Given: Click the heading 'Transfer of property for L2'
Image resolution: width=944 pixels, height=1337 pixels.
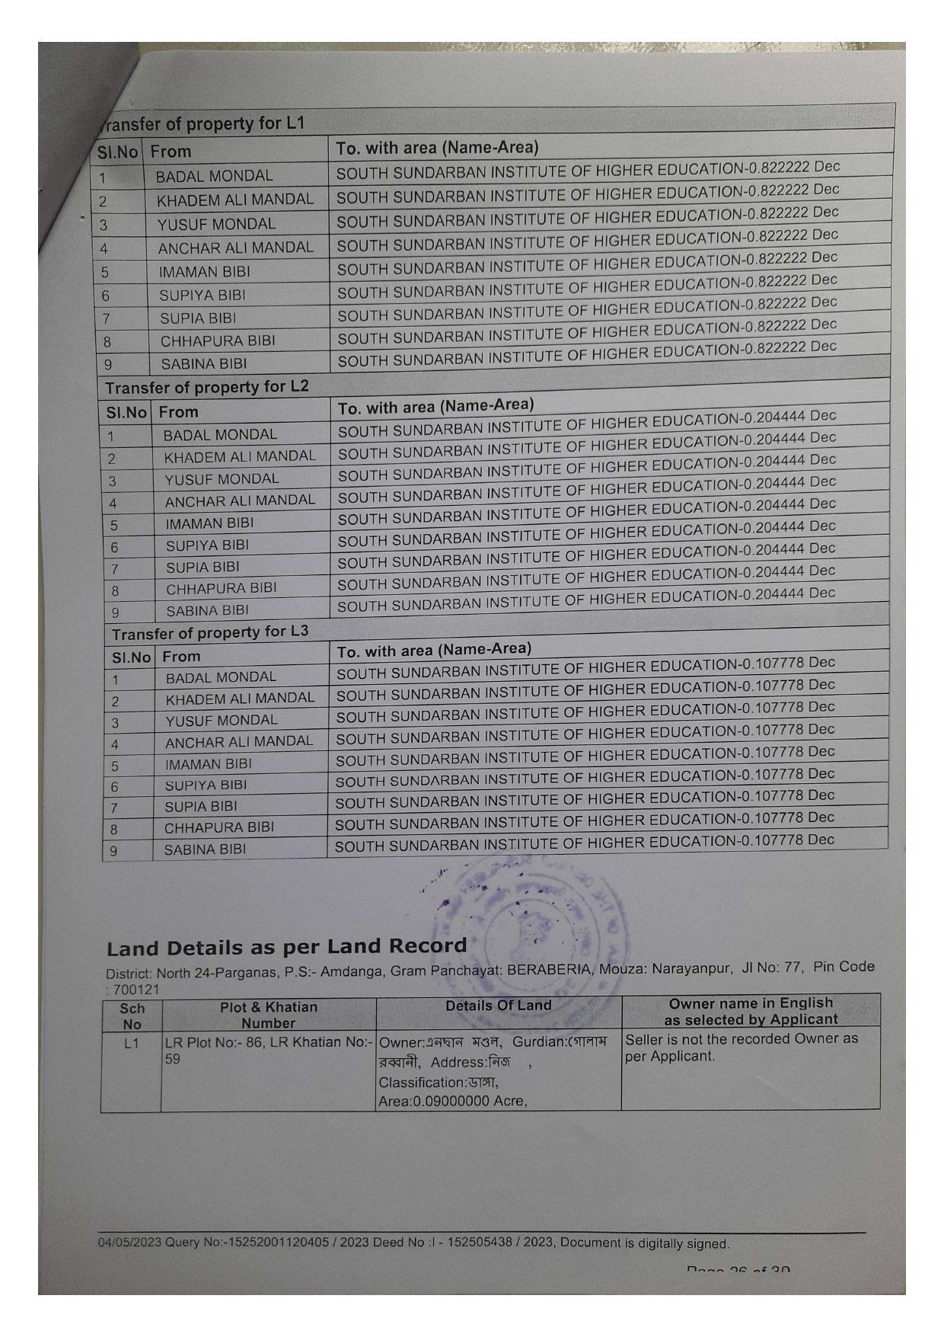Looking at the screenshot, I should coord(207,387).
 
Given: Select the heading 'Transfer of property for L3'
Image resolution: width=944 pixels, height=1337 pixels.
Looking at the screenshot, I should coord(210,633).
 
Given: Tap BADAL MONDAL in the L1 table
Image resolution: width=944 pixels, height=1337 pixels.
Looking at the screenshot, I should coord(214,176).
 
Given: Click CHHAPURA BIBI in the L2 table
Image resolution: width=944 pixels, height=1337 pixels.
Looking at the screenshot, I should coord(222,588).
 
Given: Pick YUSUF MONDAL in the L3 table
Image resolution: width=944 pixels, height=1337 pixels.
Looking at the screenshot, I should coord(222,720).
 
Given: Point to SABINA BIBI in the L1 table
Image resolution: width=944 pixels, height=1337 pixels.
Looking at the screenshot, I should coord(204,363).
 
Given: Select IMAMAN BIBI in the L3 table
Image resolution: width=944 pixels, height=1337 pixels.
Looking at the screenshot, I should coord(209,764).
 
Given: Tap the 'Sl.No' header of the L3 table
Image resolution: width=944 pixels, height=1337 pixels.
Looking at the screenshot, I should coord(132,657).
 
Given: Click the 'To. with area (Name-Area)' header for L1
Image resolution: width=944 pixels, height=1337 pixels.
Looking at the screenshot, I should coord(437,148).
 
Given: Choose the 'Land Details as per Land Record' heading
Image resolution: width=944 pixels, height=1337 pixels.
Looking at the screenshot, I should coord(286,948).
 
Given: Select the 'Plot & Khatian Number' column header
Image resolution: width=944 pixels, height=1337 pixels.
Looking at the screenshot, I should coord(268,1015).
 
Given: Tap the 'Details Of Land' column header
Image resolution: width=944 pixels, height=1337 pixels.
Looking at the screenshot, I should coord(498,1006).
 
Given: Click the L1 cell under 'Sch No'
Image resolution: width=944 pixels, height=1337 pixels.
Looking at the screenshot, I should coord(131,1042).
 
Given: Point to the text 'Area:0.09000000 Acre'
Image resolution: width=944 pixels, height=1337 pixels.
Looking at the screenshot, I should coord(452,1101).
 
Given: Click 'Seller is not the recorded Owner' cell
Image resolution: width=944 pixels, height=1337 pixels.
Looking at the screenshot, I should coord(741,1048).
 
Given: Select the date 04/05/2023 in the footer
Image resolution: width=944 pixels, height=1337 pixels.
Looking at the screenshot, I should coord(129,1243).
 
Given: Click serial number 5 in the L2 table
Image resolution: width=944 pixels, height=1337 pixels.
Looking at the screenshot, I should coord(114,526).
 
